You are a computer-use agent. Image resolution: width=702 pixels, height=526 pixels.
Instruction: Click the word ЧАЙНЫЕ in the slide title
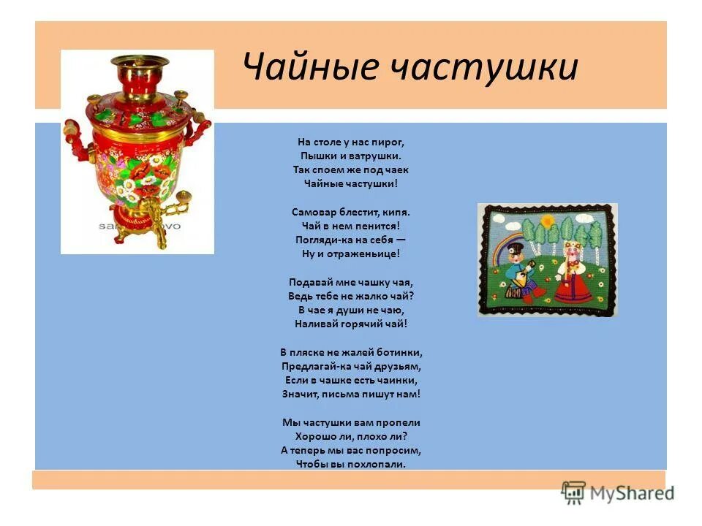pos(311,67)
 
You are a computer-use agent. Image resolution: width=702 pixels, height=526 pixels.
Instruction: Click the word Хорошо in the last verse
pos(322,436)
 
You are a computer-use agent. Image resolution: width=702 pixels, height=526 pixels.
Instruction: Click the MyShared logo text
pos(632,493)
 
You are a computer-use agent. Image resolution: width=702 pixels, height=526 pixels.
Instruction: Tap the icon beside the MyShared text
pos(574,493)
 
